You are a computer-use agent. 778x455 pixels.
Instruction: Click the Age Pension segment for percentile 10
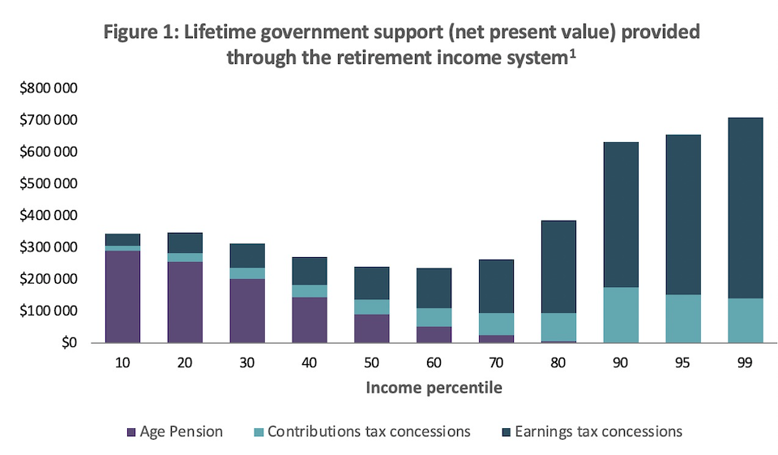click(122, 296)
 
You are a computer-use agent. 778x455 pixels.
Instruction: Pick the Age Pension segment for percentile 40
click(309, 320)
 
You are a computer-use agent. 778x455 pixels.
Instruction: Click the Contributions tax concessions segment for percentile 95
click(682, 318)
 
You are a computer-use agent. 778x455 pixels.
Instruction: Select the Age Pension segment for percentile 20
click(185, 302)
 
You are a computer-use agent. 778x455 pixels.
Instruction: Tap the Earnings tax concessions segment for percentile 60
click(434, 288)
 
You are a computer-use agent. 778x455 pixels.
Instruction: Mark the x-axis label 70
click(496, 364)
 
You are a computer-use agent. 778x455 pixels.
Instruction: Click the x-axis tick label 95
click(682, 364)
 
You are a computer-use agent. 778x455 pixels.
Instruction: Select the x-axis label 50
click(371, 364)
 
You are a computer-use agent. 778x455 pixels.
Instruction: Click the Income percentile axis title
click(434, 388)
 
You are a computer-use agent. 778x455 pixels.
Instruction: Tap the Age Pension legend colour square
click(130, 431)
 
